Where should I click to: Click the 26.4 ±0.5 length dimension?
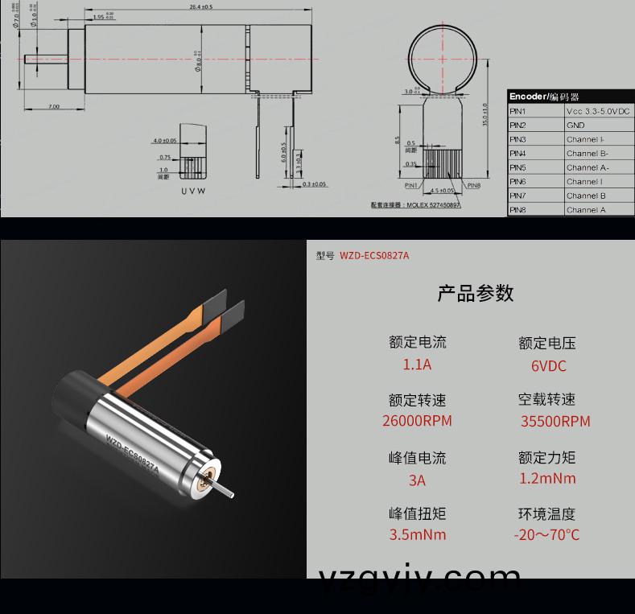(x=201, y=6)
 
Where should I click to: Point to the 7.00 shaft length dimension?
(x=53, y=106)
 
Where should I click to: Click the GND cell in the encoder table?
(x=575, y=126)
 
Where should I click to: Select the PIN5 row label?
(x=517, y=167)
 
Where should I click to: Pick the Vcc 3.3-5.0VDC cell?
(x=599, y=111)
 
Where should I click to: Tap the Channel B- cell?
(x=587, y=153)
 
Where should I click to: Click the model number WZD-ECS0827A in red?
(x=374, y=256)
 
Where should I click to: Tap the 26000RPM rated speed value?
(x=417, y=421)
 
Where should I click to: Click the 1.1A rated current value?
(x=417, y=365)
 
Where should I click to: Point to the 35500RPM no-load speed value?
(x=555, y=422)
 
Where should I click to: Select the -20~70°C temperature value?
(x=546, y=535)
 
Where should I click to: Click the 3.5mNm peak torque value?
(x=417, y=535)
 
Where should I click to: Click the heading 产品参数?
(x=475, y=293)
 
